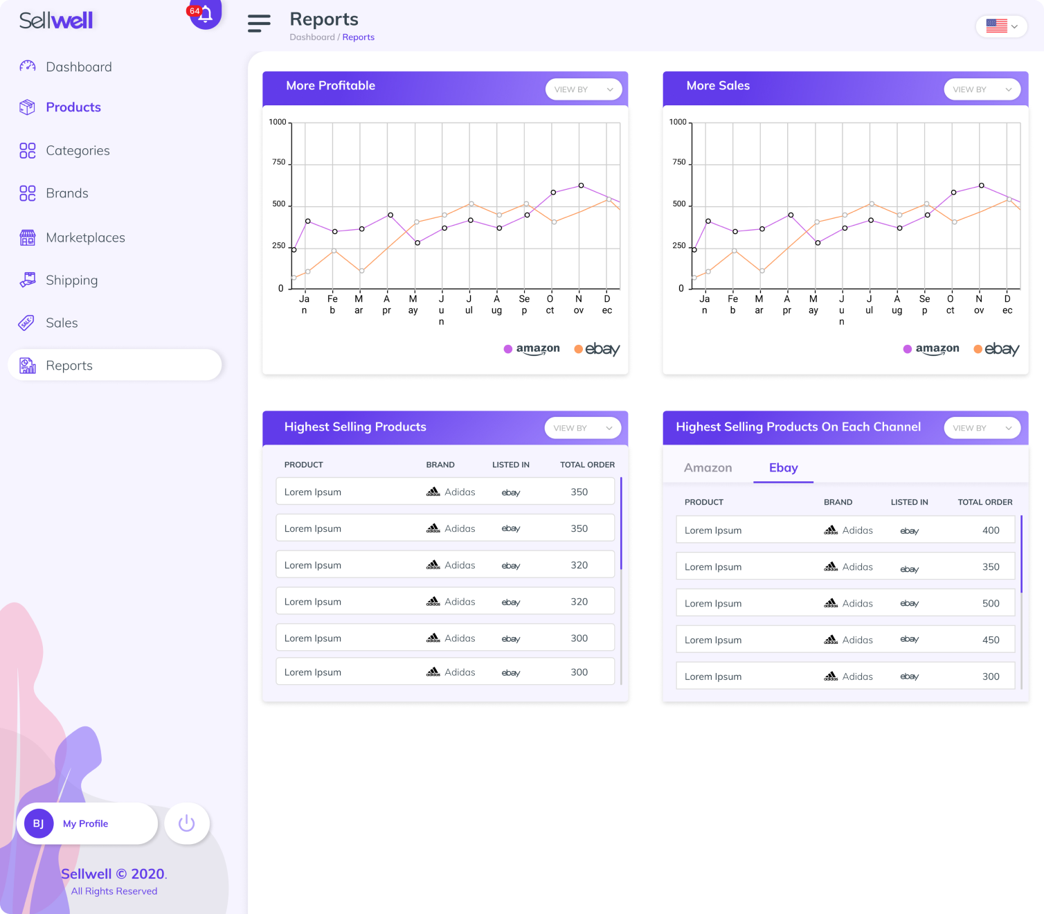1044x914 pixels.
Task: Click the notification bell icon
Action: coord(206,14)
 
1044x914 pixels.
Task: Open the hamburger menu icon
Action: coord(259,24)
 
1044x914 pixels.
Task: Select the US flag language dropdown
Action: coord(1001,26)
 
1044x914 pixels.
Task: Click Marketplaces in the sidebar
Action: coord(85,238)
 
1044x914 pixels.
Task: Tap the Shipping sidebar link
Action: coord(71,280)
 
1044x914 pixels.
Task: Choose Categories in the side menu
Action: coord(78,151)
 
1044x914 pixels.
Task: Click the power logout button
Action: coord(187,823)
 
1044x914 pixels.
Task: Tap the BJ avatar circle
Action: coord(39,823)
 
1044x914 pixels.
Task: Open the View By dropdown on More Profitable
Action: coord(583,89)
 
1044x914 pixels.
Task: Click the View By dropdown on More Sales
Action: coord(982,89)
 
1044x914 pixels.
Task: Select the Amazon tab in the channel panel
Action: coord(708,468)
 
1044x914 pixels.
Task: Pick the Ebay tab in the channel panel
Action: coord(783,468)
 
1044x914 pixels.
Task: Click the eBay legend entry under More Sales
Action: coord(996,349)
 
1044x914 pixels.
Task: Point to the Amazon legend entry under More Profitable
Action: coord(532,349)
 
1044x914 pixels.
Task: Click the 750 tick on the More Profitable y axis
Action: coord(278,162)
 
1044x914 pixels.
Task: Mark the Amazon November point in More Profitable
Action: coord(581,186)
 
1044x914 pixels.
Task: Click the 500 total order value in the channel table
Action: coord(991,604)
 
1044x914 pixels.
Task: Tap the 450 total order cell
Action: coord(991,640)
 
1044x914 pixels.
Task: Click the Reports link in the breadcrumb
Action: coord(358,37)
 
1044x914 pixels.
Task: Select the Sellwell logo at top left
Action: coord(56,21)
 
